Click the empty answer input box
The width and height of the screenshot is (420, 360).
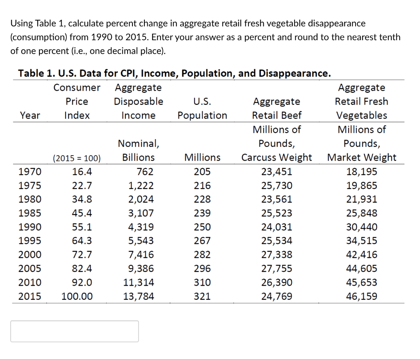pyautogui.click(x=74, y=331)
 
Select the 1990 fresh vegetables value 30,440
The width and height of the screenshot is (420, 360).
pyautogui.click(x=362, y=227)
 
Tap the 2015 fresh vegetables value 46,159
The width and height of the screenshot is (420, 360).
pyautogui.click(x=362, y=296)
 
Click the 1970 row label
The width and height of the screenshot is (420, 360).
pyautogui.click(x=30, y=172)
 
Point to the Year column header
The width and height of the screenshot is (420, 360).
pyautogui.click(x=30, y=115)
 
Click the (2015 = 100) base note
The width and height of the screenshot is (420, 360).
pyautogui.click(x=77, y=158)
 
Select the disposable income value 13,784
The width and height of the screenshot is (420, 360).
pyautogui.click(x=139, y=296)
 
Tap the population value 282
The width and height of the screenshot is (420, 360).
pyautogui.click(x=202, y=255)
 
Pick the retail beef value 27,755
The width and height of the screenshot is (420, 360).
pyautogui.click(x=277, y=268)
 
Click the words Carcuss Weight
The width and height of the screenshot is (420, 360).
pyautogui.click(x=276, y=158)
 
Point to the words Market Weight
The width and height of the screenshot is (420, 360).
pyautogui.click(x=361, y=158)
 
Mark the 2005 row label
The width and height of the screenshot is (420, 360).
pyautogui.click(x=30, y=268)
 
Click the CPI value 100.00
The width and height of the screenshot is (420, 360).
pyautogui.click(x=77, y=296)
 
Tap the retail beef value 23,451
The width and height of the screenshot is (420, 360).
pyautogui.click(x=277, y=172)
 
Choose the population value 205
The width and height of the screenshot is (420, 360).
pyautogui.click(x=202, y=172)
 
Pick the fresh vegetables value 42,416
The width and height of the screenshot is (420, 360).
pyautogui.click(x=362, y=255)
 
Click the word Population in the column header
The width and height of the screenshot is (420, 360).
pyautogui.click(x=202, y=115)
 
